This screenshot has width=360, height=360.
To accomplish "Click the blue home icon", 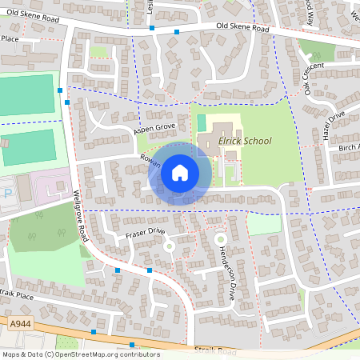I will pyautogui.click(x=180, y=173).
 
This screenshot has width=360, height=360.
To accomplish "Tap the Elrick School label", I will pyautogui.click(x=245, y=141).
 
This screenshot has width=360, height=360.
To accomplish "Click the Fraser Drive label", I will pyautogui.click(x=144, y=233).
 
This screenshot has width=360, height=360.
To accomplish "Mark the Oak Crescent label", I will pyautogui.click(x=314, y=78).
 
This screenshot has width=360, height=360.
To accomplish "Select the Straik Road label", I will pyautogui.click(x=215, y=350).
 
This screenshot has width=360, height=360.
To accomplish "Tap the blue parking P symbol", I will pyautogui.click(x=7, y=193).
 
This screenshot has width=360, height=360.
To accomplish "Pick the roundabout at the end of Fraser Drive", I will pyautogui.click(x=169, y=246).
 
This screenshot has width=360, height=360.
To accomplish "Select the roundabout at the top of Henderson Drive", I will pyautogui.click(x=220, y=238).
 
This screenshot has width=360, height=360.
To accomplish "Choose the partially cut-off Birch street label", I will pyautogui.click(x=350, y=147).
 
